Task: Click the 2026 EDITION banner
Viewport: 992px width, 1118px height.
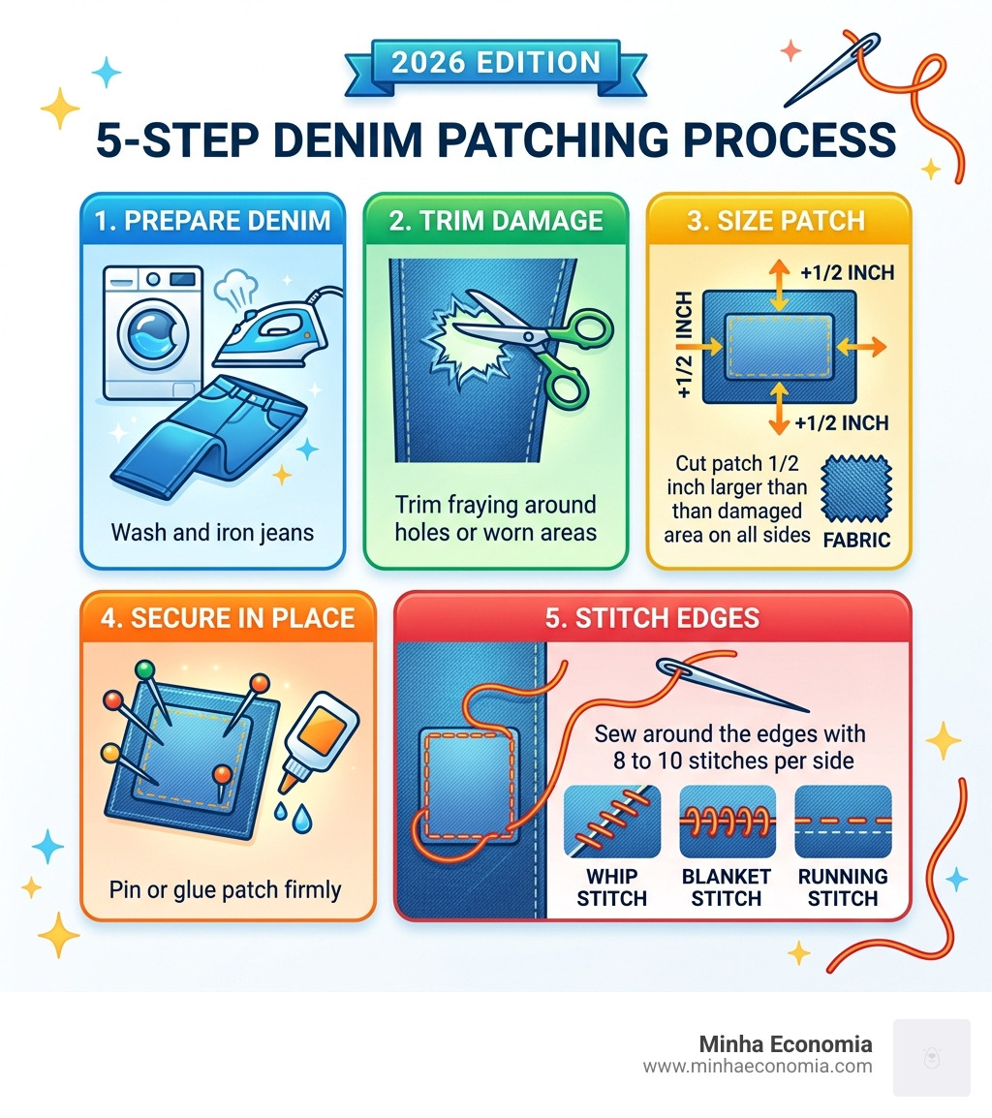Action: coord(495,64)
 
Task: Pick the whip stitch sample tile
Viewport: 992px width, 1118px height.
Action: coord(611,822)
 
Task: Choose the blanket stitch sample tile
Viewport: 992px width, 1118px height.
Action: coord(727,822)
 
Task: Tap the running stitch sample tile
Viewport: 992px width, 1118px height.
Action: coord(842,822)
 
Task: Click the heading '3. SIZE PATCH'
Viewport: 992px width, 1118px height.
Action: coord(778,220)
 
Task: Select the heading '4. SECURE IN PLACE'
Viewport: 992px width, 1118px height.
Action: coord(228,617)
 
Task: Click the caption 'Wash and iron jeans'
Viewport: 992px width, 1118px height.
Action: coord(212,532)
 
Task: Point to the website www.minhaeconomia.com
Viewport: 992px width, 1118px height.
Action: coord(757,1066)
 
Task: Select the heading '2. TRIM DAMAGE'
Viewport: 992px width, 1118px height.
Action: coord(495,220)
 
